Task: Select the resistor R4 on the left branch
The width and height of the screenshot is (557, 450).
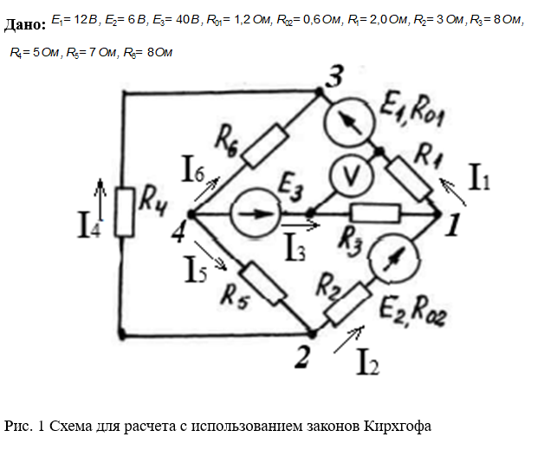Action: pyautogui.click(x=126, y=212)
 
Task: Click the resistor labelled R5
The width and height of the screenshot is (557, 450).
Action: pyautogui.click(x=263, y=283)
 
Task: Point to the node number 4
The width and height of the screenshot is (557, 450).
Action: pyautogui.click(x=178, y=231)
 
